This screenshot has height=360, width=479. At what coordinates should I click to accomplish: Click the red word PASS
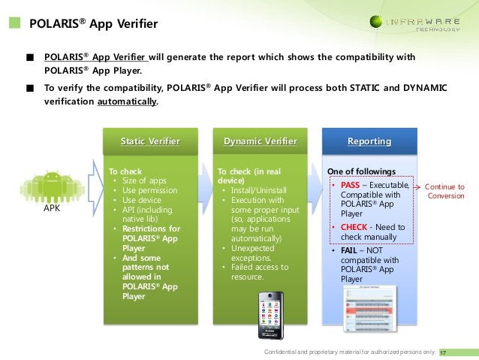(350, 186)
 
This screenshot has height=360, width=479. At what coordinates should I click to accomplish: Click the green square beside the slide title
(16, 24)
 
